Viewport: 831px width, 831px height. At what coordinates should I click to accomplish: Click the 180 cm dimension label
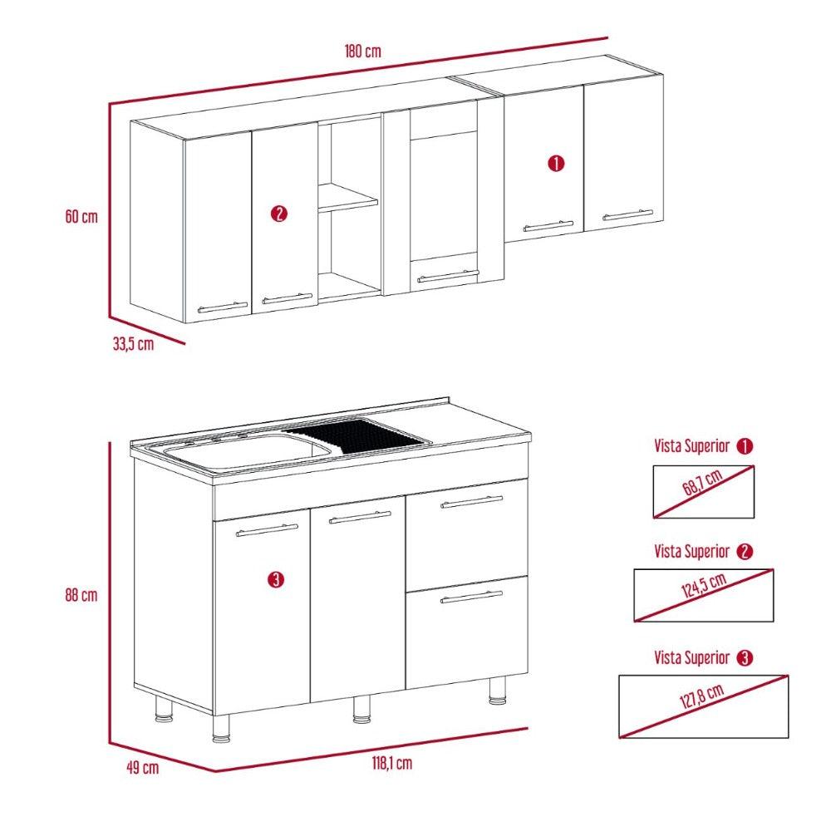[362, 52]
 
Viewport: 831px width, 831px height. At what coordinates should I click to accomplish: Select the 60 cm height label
[81, 217]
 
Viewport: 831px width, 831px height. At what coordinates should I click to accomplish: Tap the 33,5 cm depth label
[133, 344]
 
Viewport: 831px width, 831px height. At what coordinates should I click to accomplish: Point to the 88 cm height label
[81, 595]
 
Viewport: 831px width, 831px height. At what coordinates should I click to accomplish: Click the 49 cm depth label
[143, 767]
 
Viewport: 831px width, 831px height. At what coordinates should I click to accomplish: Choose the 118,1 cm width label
[391, 763]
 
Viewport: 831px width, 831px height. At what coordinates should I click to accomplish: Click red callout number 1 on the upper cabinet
[556, 163]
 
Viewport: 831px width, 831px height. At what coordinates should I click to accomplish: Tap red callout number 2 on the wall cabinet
[278, 214]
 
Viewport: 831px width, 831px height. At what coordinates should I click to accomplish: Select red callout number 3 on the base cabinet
[276, 579]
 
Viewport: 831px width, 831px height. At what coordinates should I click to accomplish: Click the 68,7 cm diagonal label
[702, 483]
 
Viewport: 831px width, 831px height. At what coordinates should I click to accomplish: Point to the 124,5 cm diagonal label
[703, 586]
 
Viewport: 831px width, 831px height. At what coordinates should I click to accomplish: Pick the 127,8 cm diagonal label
[701, 696]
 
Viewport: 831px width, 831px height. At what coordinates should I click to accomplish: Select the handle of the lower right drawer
[472, 597]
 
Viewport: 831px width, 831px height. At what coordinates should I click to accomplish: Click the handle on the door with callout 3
[267, 530]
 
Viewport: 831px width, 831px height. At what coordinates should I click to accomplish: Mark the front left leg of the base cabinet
[222, 728]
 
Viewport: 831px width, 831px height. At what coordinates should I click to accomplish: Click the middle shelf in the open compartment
[347, 196]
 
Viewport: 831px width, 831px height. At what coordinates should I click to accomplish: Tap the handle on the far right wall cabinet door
[627, 214]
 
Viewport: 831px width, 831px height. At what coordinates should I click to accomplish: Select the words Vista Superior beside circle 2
[691, 551]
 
